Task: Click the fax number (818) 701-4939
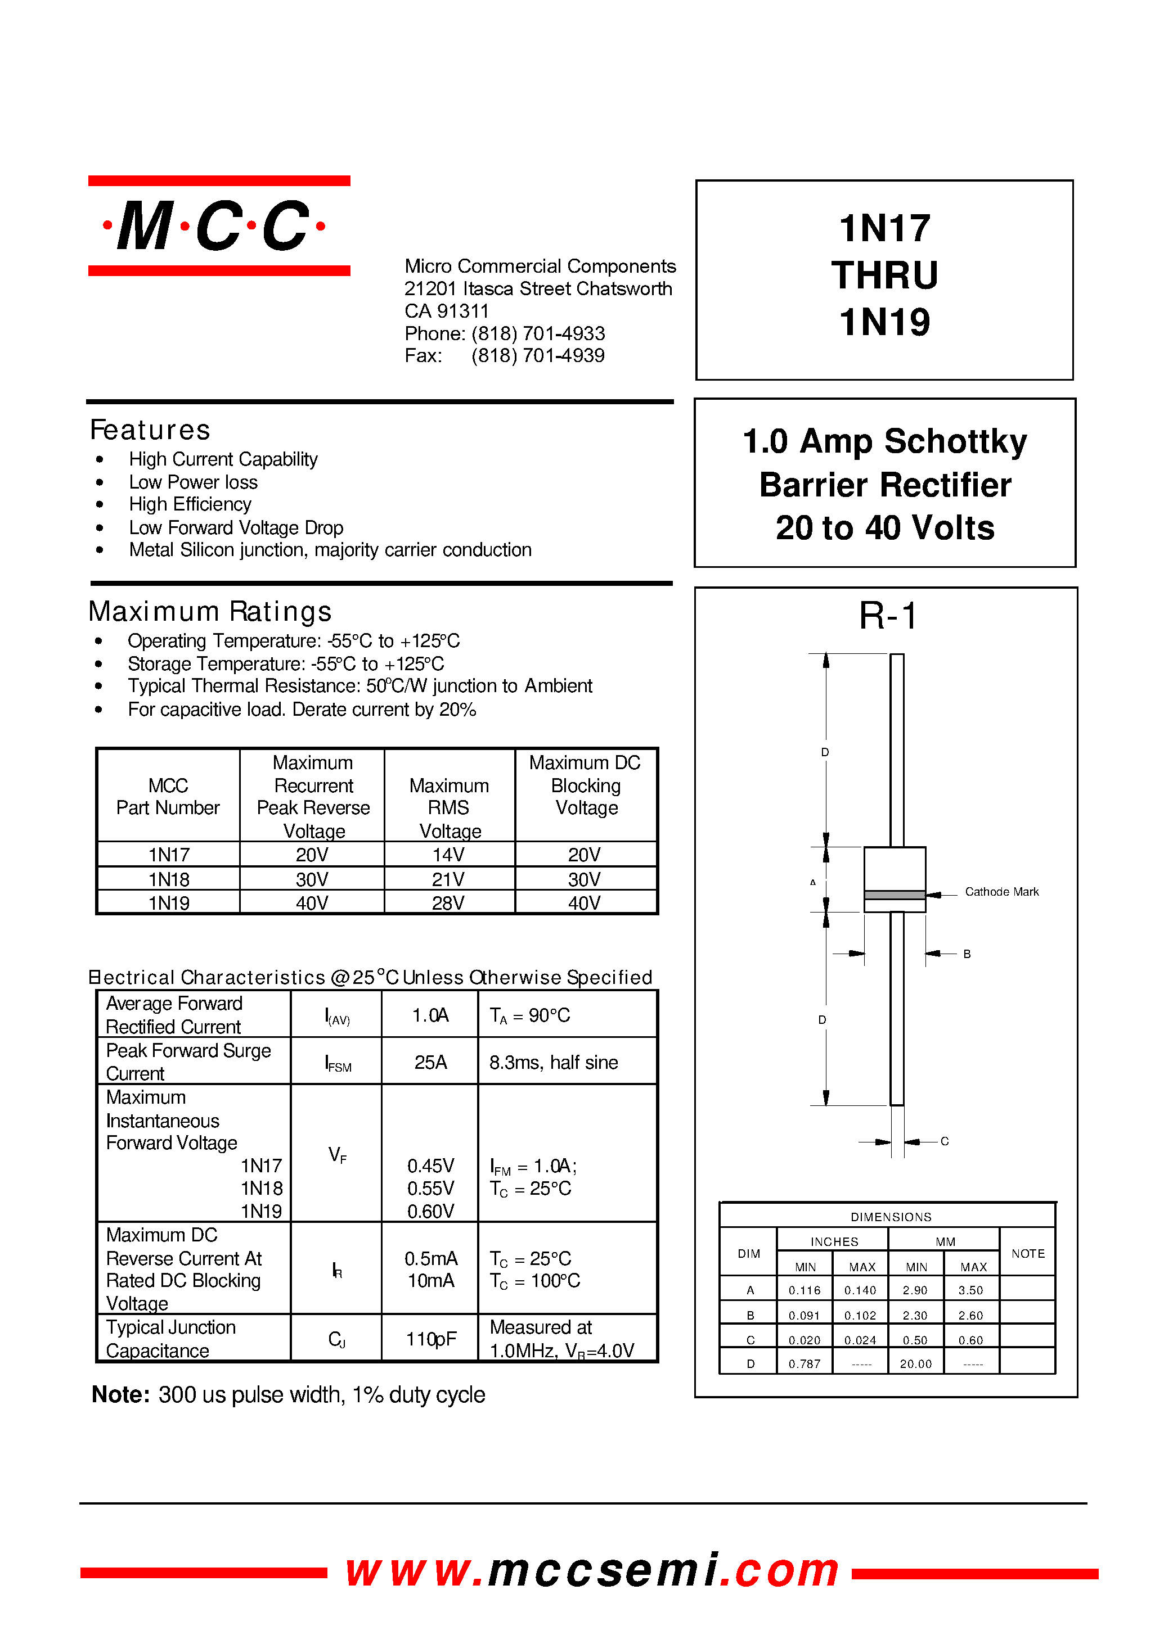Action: coord(538,355)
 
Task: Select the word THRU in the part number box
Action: coord(884,275)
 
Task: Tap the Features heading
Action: coord(150,430)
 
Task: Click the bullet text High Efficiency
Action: coord(190,504)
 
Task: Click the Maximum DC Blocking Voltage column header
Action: coord(586,785)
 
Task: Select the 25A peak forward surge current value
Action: coord(430,1062)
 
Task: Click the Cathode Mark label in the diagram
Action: coord(1001,892)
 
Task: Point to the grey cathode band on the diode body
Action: coord(895,895)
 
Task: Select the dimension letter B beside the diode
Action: coord(967,954)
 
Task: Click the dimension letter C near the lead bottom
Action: coord(945,1141)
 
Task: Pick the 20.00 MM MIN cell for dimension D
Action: coord(915,1364)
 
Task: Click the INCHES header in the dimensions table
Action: coord(834,1241)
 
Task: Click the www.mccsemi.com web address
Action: coord(592,1571)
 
